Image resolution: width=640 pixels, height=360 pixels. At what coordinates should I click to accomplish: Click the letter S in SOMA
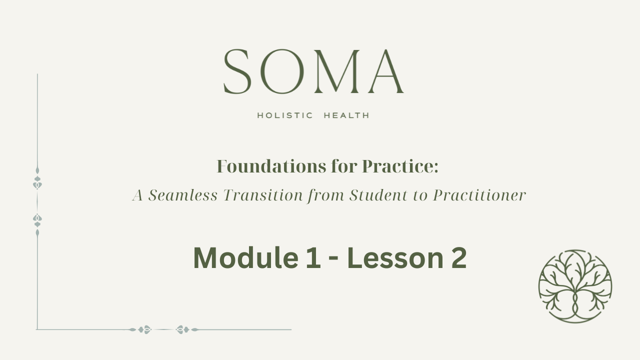[x=237, y=71]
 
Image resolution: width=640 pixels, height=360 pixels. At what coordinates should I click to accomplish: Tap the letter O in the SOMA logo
[x=282, y=71]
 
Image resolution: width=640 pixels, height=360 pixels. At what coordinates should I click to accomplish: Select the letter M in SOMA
[x=336, y=71]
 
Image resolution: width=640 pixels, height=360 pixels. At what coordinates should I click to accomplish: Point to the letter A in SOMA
[x=386, y=71]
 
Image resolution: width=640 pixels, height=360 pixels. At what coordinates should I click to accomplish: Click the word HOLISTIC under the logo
[x=285, y=115]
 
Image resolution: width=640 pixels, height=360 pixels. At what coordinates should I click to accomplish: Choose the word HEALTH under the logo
[x=346, y=115]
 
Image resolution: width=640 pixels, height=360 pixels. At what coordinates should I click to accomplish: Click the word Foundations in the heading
[x=271, y=166]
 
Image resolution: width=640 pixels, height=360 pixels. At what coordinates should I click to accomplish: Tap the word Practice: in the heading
[x=400, y=166]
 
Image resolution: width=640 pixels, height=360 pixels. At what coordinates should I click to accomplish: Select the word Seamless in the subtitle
[x=183, y=195]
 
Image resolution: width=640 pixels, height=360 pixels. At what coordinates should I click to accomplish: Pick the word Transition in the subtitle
[x=263, y=195]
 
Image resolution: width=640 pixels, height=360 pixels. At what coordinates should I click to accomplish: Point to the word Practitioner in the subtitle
[x=479, y=195]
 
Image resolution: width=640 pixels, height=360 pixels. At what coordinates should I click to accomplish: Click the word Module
[x=246, y=257]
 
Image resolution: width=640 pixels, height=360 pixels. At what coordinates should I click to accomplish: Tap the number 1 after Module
[x=313, y=258]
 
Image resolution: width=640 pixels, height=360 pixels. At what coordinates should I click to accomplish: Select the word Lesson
[x=395, y=258]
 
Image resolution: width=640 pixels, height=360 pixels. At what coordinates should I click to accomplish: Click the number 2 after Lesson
[x=459, y=257]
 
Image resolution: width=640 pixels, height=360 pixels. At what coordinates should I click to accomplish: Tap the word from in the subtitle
[x=325, y=195]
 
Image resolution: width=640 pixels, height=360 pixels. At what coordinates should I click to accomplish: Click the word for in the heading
[x=344, y=166]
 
